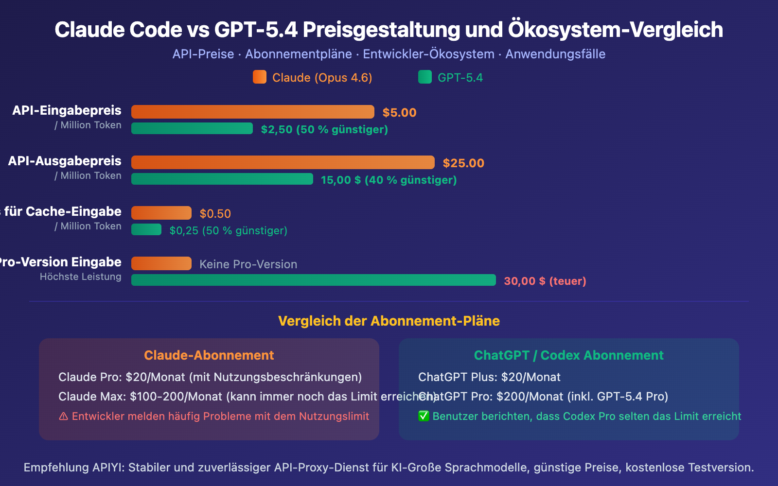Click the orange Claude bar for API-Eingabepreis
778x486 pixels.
click(253, 112)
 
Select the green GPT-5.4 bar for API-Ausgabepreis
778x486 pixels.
click(222, 179)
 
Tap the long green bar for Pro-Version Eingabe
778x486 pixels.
click(314, 280)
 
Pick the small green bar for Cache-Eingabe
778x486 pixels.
click(146, 229)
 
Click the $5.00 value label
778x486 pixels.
click(399, 113)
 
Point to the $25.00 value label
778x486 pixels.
click(463, 163)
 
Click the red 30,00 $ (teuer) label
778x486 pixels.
click(545, 281)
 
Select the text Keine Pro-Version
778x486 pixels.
click(248, 264)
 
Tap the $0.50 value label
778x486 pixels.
click(215, 214)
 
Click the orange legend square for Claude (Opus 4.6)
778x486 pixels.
click(260, 77)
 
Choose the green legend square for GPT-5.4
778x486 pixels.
click(425, 77)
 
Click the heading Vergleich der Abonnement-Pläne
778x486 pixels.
click(389, 321)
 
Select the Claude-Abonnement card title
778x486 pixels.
click(209, 355)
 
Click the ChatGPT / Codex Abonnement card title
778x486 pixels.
click(568, 355)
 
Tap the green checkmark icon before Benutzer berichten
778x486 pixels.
click(424, 416)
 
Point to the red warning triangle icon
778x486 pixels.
click(63, 417)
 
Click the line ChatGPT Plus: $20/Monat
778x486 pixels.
click(489, 377)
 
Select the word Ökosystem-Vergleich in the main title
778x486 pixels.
click(615, 30)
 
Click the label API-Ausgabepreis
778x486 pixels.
click(65, 161)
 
